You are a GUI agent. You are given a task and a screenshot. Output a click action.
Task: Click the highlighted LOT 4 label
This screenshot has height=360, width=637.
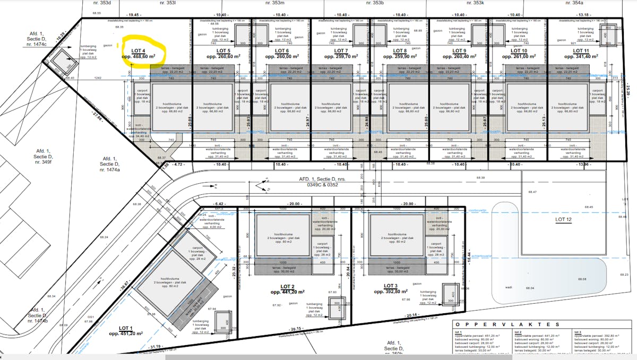pyautogui.click(x=139, y=50)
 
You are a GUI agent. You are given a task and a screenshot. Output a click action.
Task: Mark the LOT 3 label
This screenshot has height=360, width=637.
pyautogui.click(x=390, y=286)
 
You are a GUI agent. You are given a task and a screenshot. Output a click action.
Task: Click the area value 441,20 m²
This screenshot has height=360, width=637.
pyautogui.click(x=287, y=292)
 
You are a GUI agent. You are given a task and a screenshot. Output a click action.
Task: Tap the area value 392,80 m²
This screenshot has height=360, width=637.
pyautogui.click(x=391, y=292)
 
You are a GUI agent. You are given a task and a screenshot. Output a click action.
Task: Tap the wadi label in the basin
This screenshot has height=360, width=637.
pyautogui.click(x=509, y=287)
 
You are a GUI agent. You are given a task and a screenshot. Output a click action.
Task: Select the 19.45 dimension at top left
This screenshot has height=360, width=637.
pyautogui.click(x=134, y=15)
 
